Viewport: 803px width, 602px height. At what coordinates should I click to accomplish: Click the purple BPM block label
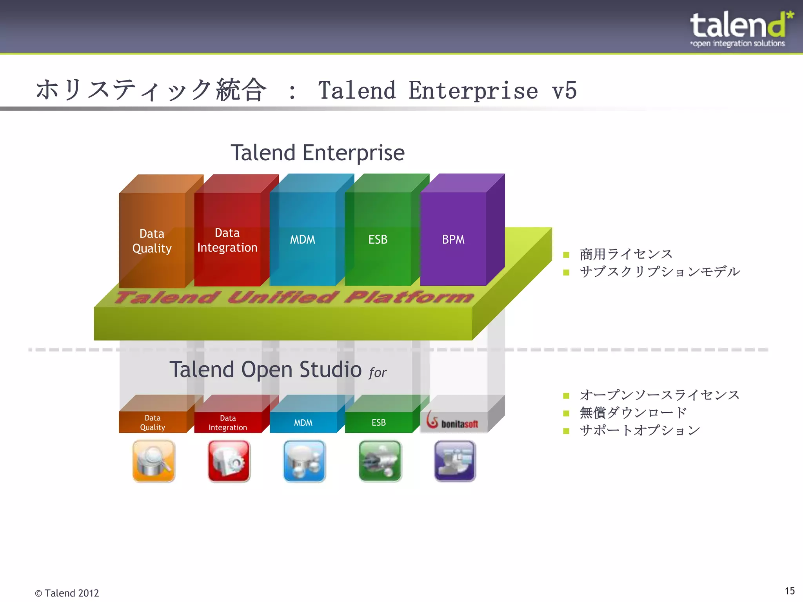coord(453,239)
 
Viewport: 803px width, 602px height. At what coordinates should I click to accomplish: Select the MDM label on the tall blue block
coord(302,239)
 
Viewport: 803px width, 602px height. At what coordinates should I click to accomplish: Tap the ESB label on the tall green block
coord(378,239)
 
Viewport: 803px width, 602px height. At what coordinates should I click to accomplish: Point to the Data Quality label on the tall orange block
coord(152,241)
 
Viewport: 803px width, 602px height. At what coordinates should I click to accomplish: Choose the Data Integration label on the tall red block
coord(227,240)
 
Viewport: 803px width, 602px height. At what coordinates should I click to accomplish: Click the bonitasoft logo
coord(452,421)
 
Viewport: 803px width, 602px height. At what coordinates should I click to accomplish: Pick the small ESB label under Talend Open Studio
coord(378,422)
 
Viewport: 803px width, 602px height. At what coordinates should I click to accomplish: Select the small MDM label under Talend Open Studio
coord(303,423)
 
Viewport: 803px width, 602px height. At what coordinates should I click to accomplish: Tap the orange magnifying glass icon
coord(154,461)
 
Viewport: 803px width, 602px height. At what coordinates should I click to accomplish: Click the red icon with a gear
coord(229,461)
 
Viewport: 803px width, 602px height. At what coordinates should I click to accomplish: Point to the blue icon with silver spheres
coord(304,461)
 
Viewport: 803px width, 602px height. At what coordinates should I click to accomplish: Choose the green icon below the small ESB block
coord(380,461)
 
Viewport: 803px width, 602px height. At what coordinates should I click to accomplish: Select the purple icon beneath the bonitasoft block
coord(455,461)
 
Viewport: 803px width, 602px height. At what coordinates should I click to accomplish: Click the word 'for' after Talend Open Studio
coord(378,372)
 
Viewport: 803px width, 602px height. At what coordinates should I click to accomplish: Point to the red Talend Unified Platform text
coord(294,297)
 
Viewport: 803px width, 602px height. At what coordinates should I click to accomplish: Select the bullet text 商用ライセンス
coord(626,254)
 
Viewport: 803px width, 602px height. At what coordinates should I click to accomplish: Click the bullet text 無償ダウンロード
coord(633,413)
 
